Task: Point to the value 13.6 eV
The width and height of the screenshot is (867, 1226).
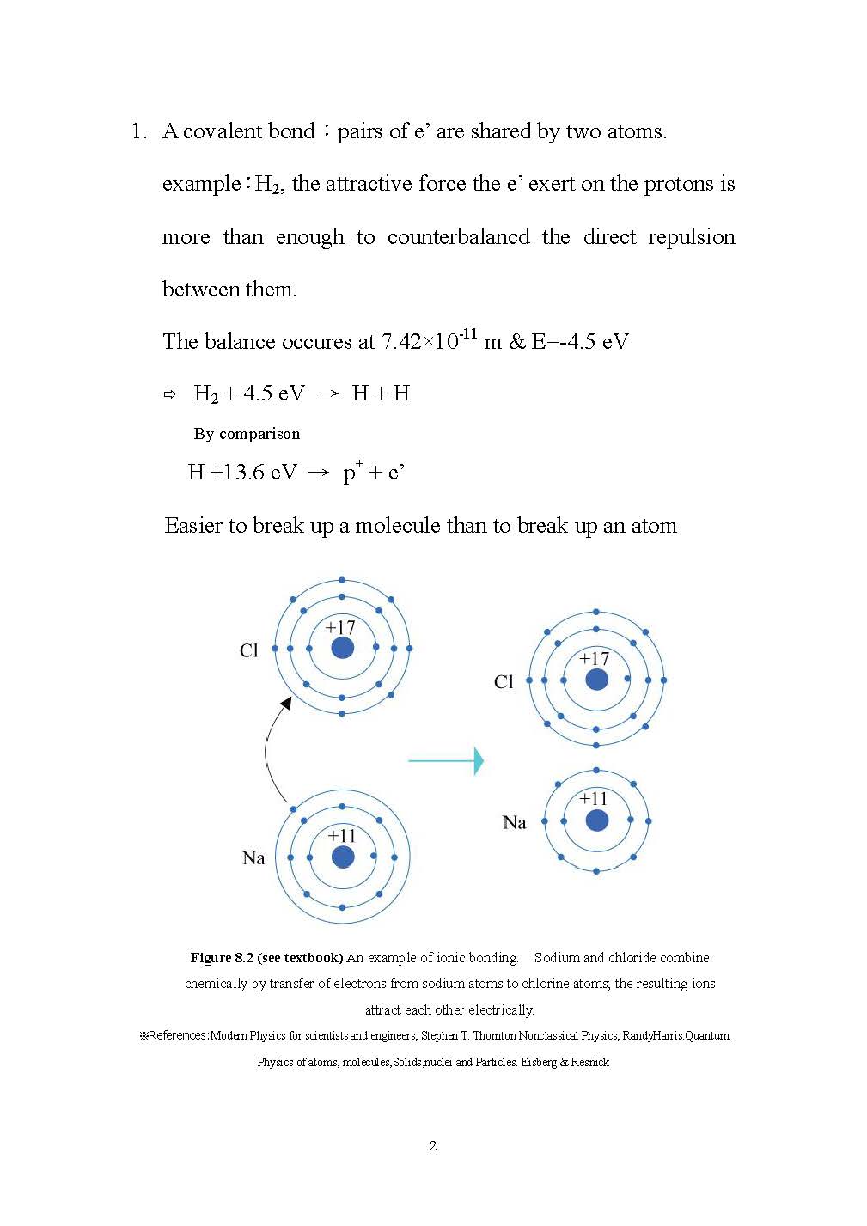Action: tap(254, 473)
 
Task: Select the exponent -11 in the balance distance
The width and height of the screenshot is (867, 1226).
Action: tap(467, 333)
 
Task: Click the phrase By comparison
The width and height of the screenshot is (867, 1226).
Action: tap(247, 434)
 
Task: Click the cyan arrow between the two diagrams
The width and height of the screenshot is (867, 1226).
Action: tap(445, 760)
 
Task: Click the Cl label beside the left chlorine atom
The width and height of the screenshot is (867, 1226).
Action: tap(248, 650)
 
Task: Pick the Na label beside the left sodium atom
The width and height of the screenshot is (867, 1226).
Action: tap(253, 857)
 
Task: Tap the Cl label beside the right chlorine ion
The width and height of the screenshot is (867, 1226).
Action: tap(504, 682)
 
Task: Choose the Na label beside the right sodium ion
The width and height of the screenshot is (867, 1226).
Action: tap(514, 823)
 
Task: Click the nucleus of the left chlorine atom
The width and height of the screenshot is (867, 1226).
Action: tap(342, 648)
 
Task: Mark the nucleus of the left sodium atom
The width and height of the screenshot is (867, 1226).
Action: tap(342, 857)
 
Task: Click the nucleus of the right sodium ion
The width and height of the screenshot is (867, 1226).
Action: tap(596, 820)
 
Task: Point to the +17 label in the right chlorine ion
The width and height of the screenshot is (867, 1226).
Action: tap(594, 659)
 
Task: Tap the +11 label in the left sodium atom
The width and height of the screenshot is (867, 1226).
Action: tap(341, 835)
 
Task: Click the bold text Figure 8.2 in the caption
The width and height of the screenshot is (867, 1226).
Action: tap(222, 957)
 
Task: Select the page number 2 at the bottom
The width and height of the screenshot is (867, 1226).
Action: tap(433, 1145)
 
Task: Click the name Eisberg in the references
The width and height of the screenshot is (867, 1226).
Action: tap(539, 1062)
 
